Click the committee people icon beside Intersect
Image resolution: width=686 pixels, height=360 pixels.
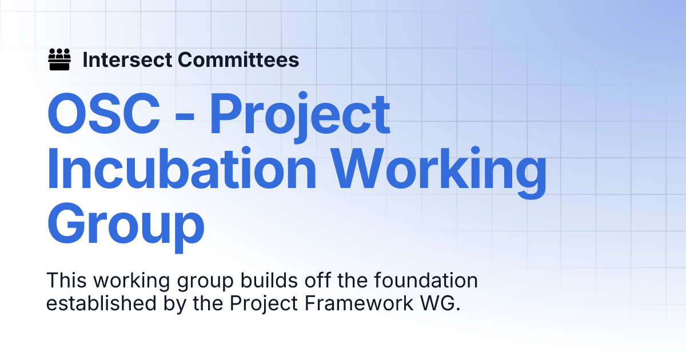point(59,59)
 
